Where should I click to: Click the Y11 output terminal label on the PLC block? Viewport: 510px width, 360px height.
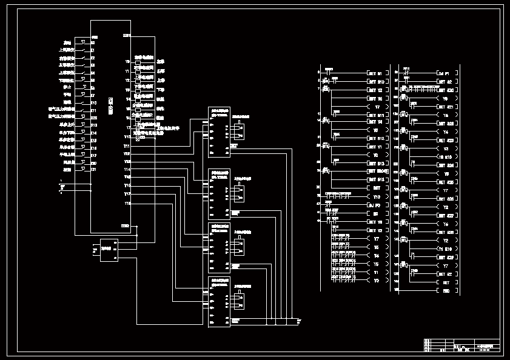[x=127, y=146]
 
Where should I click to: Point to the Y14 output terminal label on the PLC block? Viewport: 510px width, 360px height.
[x=127, y=169]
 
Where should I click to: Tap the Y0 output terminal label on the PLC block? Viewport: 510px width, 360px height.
[x=127, y=61]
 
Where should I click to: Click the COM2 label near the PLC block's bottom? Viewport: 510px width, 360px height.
[x=126, y=226]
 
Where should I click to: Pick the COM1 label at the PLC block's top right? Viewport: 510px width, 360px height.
[x=126, y=36]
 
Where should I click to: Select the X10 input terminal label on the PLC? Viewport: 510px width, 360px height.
[x=94, y=102]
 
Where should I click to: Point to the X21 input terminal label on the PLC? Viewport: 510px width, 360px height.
[x=94, y=170]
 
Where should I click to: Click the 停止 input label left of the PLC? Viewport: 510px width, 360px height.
[x=67, y=87]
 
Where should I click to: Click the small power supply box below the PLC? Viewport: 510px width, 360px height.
[x=109, y=250]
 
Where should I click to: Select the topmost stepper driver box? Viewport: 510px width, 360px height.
[x=219, y=132]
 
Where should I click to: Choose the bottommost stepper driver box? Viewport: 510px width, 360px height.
[x=219, y=301]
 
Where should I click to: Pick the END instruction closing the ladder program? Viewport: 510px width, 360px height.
[x=446, y=290]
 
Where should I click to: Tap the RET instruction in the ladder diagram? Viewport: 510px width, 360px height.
[x=446, y=282]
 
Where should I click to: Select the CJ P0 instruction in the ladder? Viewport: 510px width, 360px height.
[x=376, y=205]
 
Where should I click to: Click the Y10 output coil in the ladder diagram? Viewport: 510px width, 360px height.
[x=376, y=197]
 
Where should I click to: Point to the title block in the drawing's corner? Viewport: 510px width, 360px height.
[x=461, y=345]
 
